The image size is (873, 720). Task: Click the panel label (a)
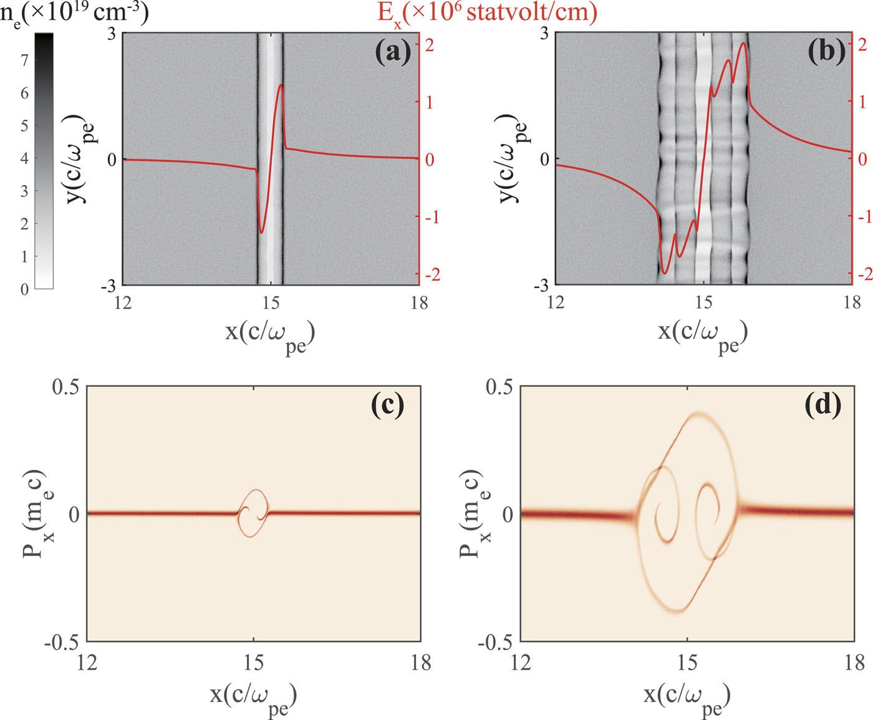[393, 52]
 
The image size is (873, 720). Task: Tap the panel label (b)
[826, 52]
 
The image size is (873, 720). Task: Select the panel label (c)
[387, 405]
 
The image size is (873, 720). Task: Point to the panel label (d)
[823, 405]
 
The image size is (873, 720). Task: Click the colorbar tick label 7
[24, 60]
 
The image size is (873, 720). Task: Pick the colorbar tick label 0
[24, 289]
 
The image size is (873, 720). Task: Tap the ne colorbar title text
[74, 12]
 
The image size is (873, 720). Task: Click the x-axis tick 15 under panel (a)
[271, 303]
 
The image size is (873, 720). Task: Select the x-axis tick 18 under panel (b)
[852, 303]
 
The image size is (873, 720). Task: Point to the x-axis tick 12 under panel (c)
[87, 662]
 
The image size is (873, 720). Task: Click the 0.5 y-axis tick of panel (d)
[499, 387]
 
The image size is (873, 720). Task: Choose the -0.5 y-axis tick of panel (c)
[62, 643]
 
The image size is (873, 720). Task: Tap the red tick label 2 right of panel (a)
[430, 45]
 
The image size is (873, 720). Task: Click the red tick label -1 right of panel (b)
[863, 216]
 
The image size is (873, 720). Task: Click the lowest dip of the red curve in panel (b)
[665, 273]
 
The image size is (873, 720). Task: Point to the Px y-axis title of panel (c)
[36, 513]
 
